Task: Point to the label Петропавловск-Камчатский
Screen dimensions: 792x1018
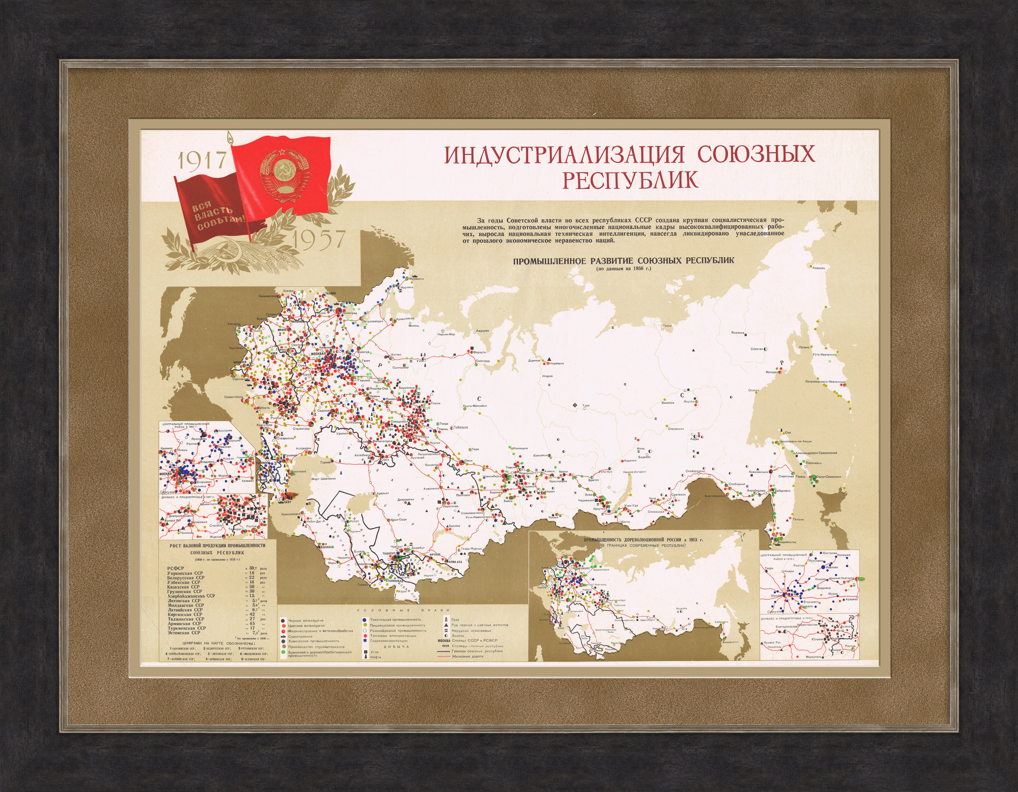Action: [x=825, y=382]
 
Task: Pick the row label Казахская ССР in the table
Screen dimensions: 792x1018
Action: [x=183, y=587]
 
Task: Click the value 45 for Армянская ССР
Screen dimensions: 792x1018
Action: [x=252, y=623]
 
